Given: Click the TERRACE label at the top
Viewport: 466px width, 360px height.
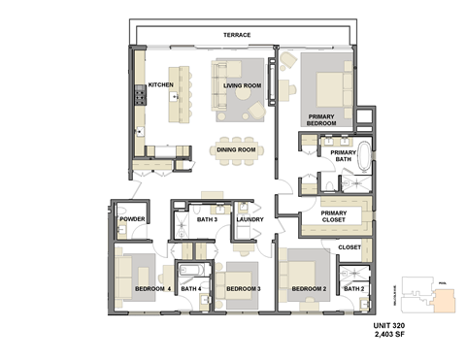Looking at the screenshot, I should coord(237,36).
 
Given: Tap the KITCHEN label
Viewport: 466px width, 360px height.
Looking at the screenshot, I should coord(161,85).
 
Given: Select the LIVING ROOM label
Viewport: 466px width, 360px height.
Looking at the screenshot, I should coord(242,85).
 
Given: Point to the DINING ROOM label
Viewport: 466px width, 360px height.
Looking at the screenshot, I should coord(236,149).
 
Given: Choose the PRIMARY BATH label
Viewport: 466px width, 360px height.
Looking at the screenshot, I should coord(342,156).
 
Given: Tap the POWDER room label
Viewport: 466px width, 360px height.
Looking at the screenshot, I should coord(132,220).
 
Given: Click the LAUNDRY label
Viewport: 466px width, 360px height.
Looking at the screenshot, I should coord(250,220).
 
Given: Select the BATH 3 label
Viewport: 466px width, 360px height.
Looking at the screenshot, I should coord(206,220).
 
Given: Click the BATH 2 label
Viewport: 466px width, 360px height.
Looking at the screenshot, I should coord(352,288).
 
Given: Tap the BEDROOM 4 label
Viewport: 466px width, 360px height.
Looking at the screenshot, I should coord(140,288).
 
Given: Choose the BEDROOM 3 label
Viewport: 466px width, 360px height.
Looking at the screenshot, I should coord(244,288).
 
